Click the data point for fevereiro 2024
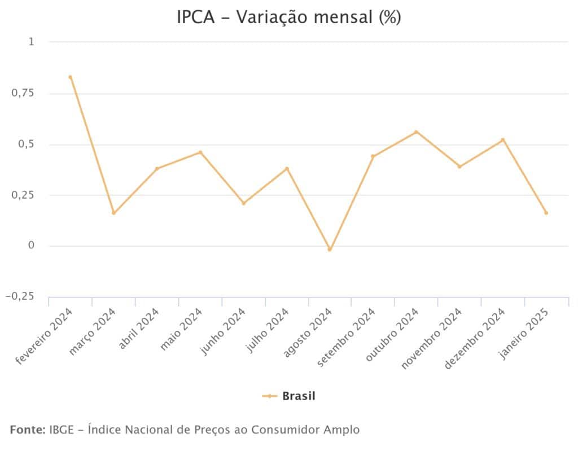point(70,77)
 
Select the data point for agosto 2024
point(330,249)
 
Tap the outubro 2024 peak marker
point(416,132)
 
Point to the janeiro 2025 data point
point(546,213)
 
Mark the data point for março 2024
point(113,213)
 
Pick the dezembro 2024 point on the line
point(503,140)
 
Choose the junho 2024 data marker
point(243,203)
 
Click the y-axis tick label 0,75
point(23,93)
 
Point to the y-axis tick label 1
point(31,42)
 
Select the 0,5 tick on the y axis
point(26,144)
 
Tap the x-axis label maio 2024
point(181,329)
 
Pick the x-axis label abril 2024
point(138,329)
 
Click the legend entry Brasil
point(299,396)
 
